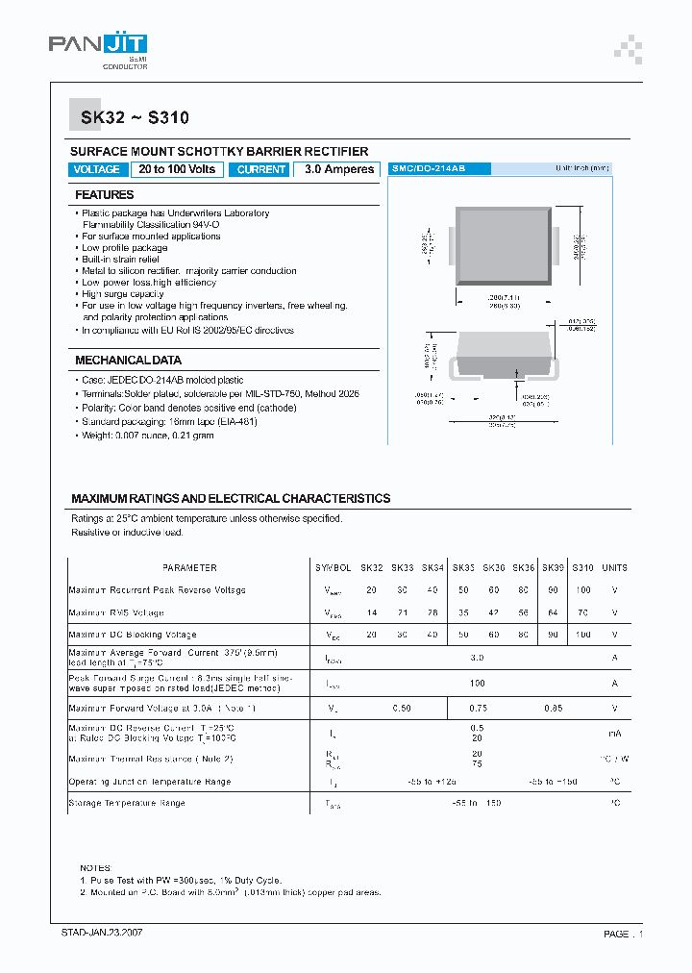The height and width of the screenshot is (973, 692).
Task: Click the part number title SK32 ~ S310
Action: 129,118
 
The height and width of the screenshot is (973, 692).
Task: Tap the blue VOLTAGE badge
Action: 97,169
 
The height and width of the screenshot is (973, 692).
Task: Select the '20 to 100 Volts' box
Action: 177,169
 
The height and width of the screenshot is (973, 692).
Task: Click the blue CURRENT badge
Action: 261,169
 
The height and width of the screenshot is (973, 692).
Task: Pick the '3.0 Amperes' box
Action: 338,169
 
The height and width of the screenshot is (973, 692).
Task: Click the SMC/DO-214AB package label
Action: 429,168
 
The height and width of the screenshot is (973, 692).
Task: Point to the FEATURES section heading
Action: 105,195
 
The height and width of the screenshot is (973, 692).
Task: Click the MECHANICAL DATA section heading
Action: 128,361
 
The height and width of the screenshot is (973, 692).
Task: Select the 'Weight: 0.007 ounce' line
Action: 147,436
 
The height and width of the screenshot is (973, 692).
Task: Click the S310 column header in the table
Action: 583,567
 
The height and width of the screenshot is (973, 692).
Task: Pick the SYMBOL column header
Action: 334,567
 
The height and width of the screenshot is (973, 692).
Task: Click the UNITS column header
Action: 614,567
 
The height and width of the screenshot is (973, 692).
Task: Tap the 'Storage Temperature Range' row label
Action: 127,803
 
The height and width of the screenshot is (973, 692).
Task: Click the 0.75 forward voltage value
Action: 477,709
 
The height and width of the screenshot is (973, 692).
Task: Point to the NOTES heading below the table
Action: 96,867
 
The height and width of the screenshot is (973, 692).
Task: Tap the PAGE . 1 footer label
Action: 624,934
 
